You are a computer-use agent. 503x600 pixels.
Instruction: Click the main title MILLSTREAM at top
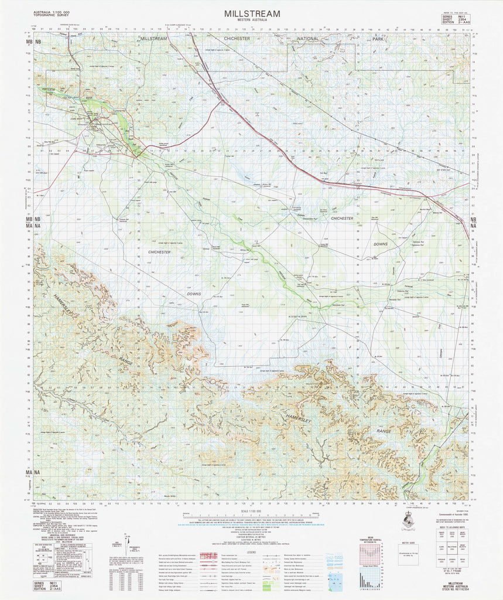pyautogui.click(x=251, y=13)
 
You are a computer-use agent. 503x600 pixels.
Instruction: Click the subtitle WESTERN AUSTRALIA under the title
pyautogui.click(x=252, y=21)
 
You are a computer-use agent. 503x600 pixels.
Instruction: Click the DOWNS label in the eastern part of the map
pyautogui.click(x=381, y=243)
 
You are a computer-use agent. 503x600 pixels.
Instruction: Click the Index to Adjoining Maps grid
pyautogui.click(x=451, y=540)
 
